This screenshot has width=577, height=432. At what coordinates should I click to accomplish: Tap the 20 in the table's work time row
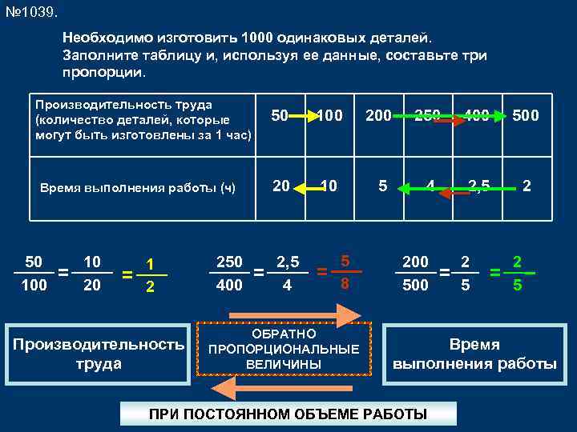point(281,186)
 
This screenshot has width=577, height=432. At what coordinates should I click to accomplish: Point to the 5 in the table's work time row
point(383,186)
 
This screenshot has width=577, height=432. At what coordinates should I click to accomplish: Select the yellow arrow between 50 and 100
point(305,116)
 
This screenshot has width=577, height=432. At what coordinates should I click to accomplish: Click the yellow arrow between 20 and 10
point(305,188)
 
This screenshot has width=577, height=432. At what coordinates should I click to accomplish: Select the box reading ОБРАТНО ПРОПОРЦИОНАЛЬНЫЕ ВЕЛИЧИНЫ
point(284,349)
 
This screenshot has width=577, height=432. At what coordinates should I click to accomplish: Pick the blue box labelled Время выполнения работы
point(474,354)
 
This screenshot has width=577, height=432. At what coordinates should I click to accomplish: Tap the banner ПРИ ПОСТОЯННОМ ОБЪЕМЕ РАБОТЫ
point(288,414)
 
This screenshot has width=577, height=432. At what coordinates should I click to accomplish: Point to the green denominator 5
point(517,283)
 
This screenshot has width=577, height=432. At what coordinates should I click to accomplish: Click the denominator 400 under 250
point(230,284)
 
